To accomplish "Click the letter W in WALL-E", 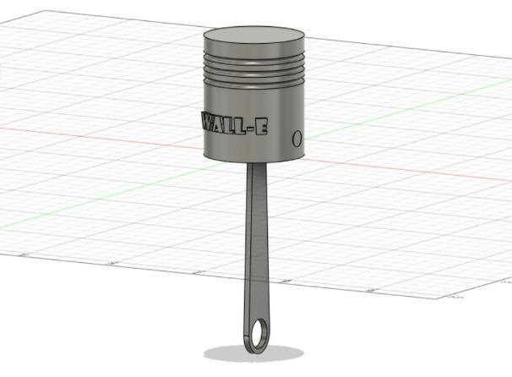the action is (210, 121).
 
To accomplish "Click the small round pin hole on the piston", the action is (297, 139).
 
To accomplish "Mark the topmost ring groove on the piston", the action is (254, 59).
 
